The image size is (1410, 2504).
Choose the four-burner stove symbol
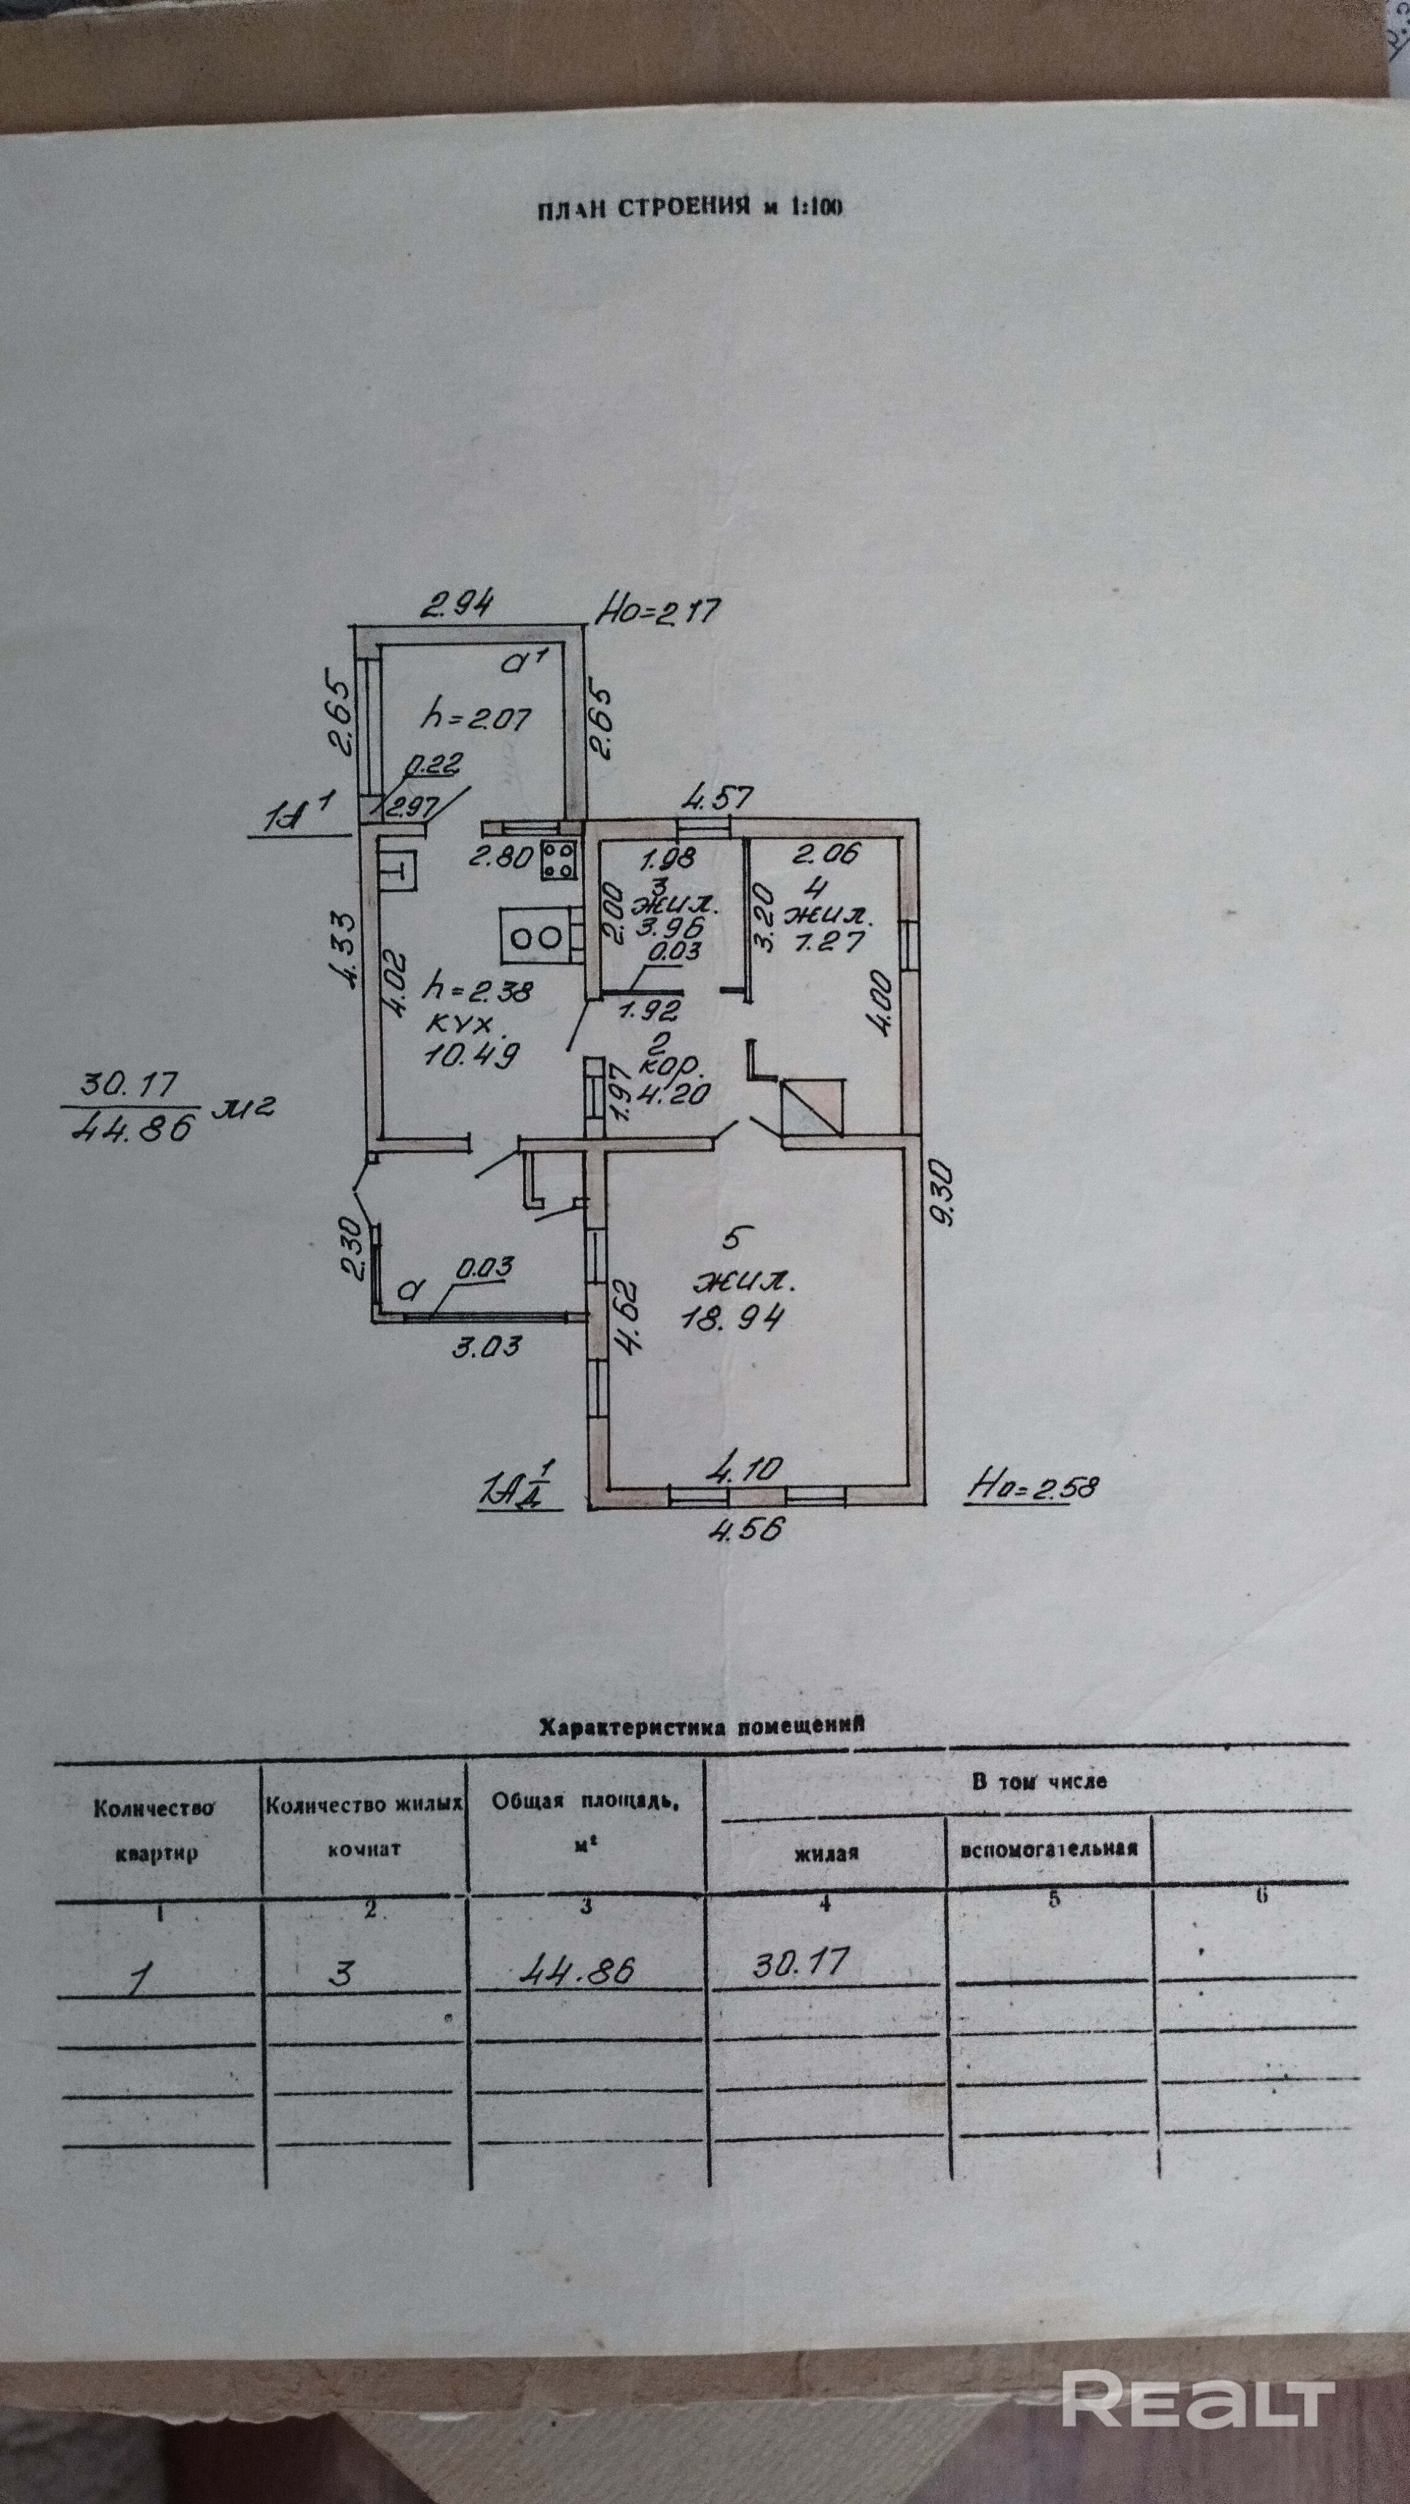point(558,859)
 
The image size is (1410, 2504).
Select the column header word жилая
point(825,1853)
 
